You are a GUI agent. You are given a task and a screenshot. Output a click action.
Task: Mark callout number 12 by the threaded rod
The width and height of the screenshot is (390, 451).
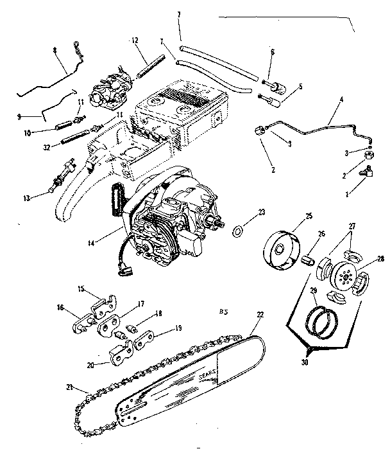point(135,40)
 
